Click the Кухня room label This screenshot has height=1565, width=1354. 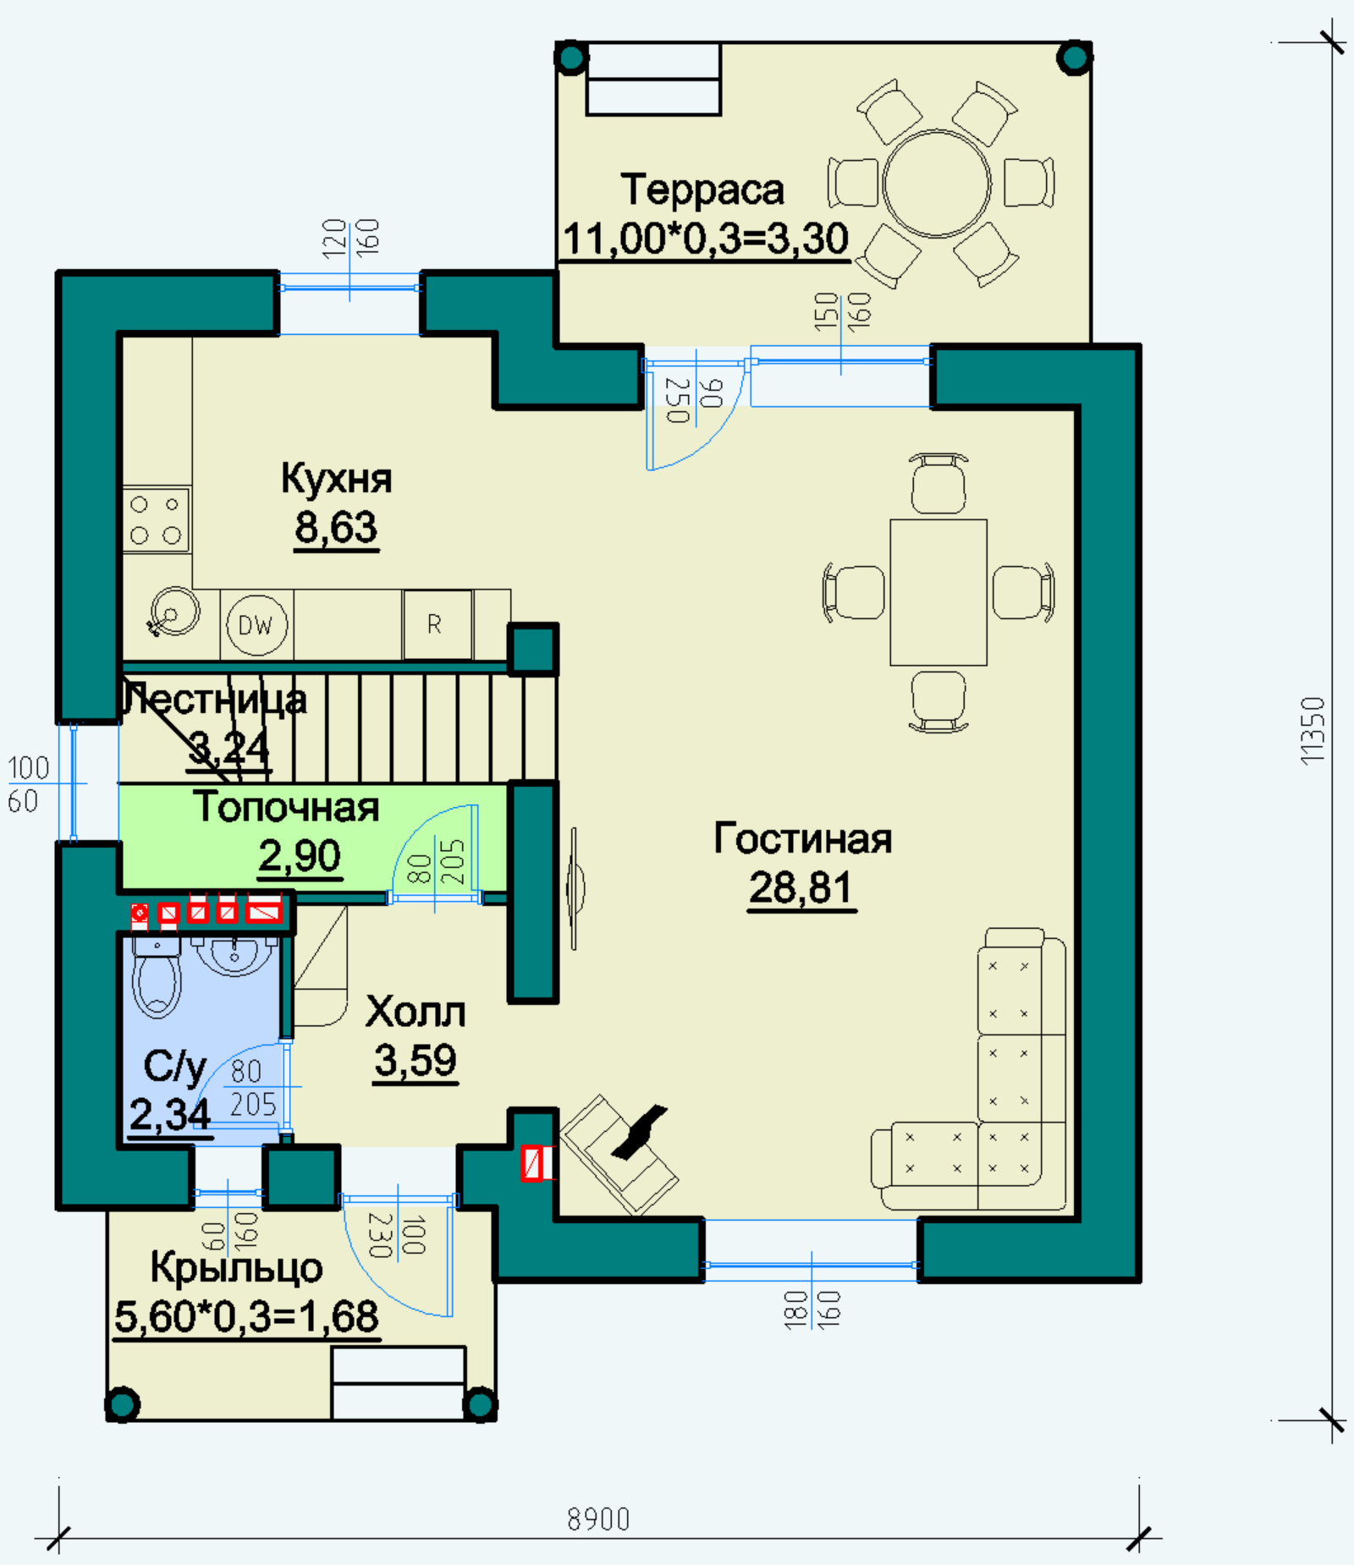click(x=337, y=479)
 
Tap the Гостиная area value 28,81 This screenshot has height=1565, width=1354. click(x=801, y=888)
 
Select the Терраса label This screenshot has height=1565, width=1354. click(x=702, y=189)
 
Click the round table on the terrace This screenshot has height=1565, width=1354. click(x=937, y=184)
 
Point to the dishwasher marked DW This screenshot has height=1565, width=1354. click(x=256, y=624)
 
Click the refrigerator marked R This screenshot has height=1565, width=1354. click(x=438, y=624)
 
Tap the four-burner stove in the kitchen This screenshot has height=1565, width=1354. click(x=157, y=519)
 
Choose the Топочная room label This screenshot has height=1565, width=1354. click(x=286, y=807)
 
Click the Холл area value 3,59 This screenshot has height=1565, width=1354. click(x=416, y=1061)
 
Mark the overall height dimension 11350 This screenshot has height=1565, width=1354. click(x=1312, y=731)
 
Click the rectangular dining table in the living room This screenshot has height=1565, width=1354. click(x=938, y=593)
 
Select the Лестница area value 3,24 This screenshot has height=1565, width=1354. click(x=228, y=748)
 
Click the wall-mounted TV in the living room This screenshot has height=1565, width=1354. click(x=575, y=888)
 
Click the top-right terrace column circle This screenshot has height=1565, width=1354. click(x=1075, y=58)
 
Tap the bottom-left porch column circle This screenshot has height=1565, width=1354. click(x=122, y=1405)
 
